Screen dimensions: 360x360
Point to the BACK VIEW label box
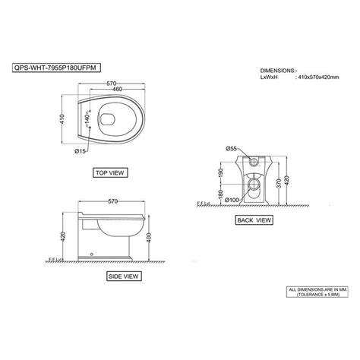coord(254,220)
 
